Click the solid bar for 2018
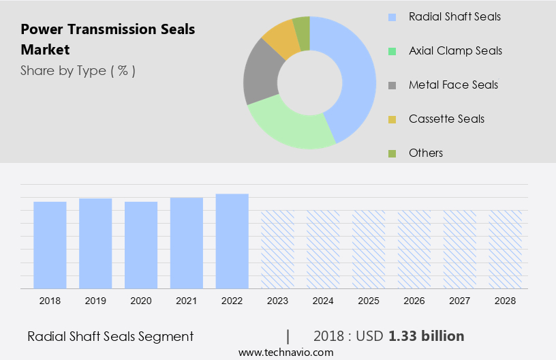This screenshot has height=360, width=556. coord(50,245)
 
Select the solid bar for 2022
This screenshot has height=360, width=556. coord(232,241)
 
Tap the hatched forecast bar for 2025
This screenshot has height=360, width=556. coord(369,249)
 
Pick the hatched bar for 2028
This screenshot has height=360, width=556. coord(505,249)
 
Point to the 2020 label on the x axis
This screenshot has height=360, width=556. coord(141,301)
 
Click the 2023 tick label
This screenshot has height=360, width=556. coord(277,301)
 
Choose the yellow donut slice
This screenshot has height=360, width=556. coord(281,40)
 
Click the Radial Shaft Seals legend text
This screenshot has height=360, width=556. coord(454,16)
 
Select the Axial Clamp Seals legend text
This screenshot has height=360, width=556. coord(455,50)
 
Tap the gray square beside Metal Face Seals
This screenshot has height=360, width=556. coord(392,85)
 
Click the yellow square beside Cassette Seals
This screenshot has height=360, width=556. coord(392,119)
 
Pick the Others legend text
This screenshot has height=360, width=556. coord(426,153)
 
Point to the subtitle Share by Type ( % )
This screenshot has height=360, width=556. coord(78,70)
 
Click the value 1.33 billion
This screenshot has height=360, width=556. coord(427,336)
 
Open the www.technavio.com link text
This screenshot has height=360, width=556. coord(286,352)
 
